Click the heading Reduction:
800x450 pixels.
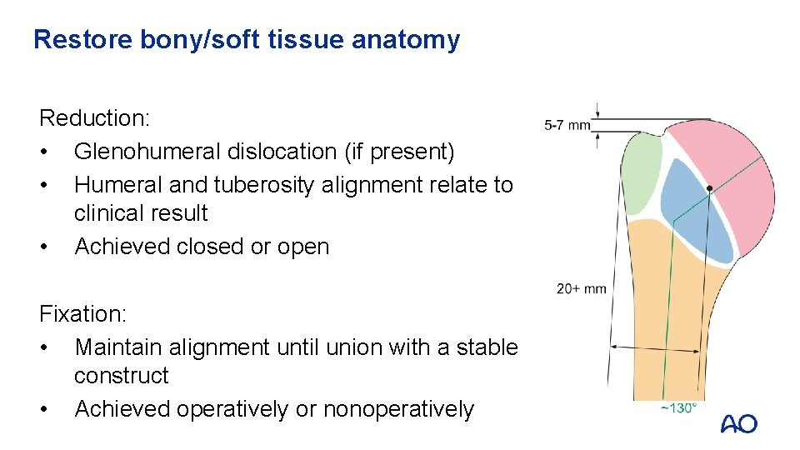click(x=94, y=118)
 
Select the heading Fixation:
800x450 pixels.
click(x=82, y=314)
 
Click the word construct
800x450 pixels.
click(x=121, y=376)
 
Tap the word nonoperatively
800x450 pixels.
click(x=398, y=409)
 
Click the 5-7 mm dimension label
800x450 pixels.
click(x=567, y=125)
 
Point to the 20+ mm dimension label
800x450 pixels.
click(x=582, y=289)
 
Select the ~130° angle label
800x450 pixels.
click(x=678, y=408)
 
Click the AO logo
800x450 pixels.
click(x=738, y=423)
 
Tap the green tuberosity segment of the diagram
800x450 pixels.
click(x=642, y=171)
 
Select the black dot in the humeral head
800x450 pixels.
click(x=709, y=189)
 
